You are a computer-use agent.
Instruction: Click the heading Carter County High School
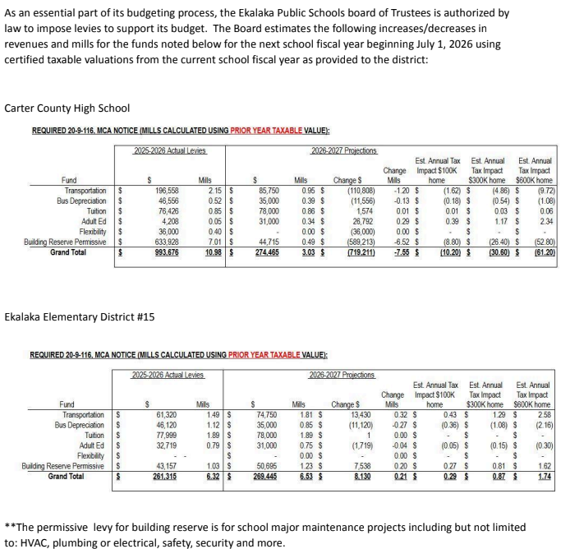[x=67, y=108]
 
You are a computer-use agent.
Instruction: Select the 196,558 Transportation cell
[x=167, y=190]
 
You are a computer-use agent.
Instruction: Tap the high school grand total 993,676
[x=167, y=251]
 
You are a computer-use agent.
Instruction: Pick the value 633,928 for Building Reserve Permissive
[x=167, y=241]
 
